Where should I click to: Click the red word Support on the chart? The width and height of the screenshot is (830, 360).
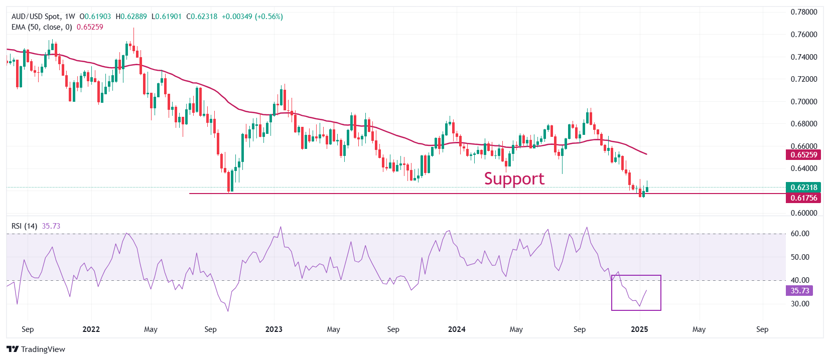pyautogui.click(x=514, y=178)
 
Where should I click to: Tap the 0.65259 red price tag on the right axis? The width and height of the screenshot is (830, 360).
pyautogui.click(x=804, y=155)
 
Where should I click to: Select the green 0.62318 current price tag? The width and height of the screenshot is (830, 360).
pyautogui.click(x=804, y=188)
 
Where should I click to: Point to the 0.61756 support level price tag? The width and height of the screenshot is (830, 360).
pyautogui.click(x=804, y=198)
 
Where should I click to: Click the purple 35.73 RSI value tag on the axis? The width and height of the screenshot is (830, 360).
pyautogui.click(x=800, y=291)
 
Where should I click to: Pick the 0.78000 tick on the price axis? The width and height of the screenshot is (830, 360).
pyautogui.click(x=804, y=12)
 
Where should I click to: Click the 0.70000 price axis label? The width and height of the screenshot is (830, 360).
pyautogui.click(x=804, y=101)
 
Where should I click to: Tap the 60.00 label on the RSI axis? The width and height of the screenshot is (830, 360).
pyautogui.click(x=800, y=234)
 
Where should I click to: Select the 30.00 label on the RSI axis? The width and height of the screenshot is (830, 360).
pyautogui.click(x=800, y=304)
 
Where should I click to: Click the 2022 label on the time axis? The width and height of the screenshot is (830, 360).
pyautogui.click(x=91, y=329)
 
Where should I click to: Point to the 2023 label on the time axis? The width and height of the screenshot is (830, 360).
pyautogui.click(x=273, y=329)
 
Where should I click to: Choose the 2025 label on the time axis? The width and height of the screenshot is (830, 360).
pyautogui.click(x=639, y=329)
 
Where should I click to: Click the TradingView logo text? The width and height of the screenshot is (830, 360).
pyautogui.click(x=37, y=349)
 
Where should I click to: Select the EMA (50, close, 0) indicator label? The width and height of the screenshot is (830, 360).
pyautogui.click(x=42, y=27)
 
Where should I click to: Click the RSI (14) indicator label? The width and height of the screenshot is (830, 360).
pyautogui.click(x=24, y=226)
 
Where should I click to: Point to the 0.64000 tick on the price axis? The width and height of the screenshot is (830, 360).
pyautogui.click(x=804, y=168)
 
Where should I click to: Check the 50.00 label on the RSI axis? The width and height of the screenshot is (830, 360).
pyautogui.click(x=800, y=257)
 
